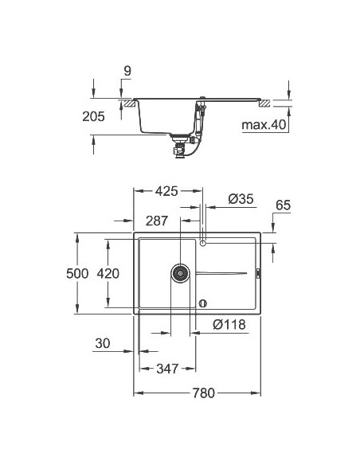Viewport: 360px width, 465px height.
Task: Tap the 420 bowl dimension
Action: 108,274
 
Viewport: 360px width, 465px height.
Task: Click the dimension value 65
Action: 283,205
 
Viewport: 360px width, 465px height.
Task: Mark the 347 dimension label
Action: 167,368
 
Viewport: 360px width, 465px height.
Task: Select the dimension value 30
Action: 102,344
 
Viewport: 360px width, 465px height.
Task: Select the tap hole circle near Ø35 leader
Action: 203,241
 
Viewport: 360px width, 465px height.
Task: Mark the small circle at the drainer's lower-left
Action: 203,303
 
